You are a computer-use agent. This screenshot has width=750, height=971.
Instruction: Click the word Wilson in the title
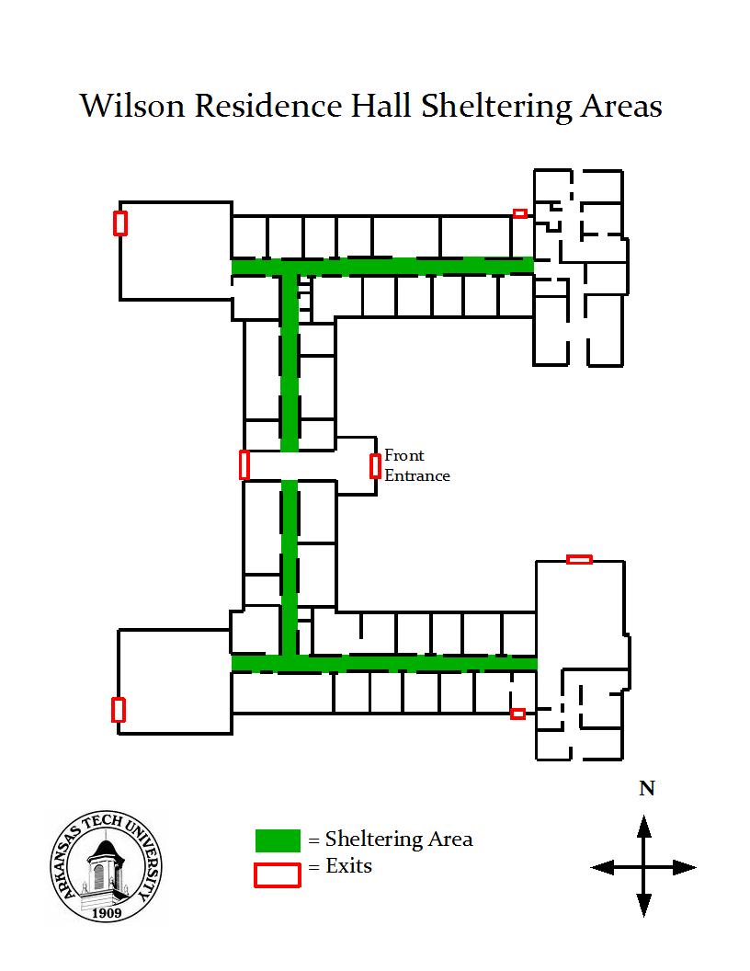(x=132, y=106)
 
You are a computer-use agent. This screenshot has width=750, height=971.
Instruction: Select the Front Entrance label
(x=416, y=465)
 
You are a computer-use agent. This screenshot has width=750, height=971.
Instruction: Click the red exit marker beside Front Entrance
(x=375, y=465)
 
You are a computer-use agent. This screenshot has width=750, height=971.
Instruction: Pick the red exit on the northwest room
(x=120, y=223)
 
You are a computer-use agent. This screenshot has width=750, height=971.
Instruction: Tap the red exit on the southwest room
(x=119, y=710)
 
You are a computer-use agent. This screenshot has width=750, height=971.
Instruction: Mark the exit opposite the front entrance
(x=244, y=464)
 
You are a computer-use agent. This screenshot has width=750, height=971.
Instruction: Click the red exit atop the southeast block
(x=579, y=559)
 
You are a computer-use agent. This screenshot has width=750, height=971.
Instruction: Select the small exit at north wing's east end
(x=520, y=213)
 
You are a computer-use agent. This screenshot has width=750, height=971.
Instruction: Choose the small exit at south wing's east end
(x=518, y=714)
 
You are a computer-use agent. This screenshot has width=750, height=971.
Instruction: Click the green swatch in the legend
(x=278, y=840)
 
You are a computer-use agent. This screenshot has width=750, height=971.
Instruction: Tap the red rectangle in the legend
(x=278, y=875)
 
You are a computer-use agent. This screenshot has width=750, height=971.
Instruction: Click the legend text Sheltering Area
(x=399, y=840)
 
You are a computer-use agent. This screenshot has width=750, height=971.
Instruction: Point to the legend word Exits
(x=349, y=866)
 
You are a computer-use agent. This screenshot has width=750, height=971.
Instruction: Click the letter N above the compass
(x=647, y=788)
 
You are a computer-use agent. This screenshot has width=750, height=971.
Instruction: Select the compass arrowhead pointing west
(x=603, y=867)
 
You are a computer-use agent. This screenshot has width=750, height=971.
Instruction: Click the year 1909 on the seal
(x=107, y=913)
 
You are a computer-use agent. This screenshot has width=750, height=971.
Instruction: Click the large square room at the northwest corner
(x=176, y=251)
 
